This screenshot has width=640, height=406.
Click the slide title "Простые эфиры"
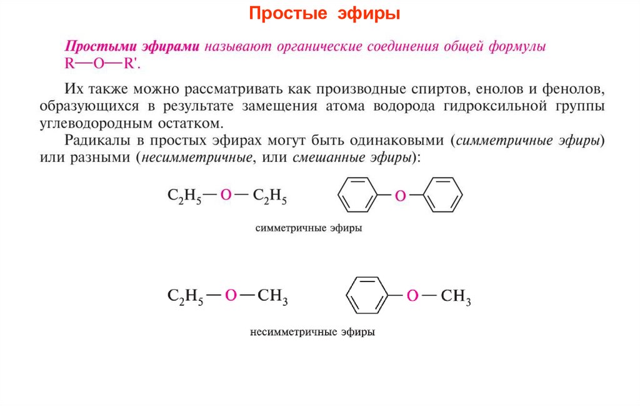[x=319, y=14]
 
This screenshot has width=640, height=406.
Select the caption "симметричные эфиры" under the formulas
[x=309, y=228]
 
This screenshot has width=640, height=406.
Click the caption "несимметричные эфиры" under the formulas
[x=312, y=332]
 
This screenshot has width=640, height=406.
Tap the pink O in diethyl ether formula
[x=226, y=196]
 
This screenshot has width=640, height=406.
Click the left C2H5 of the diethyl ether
[x=184, y=197]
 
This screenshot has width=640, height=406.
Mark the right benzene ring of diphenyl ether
[x=441, y=195]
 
